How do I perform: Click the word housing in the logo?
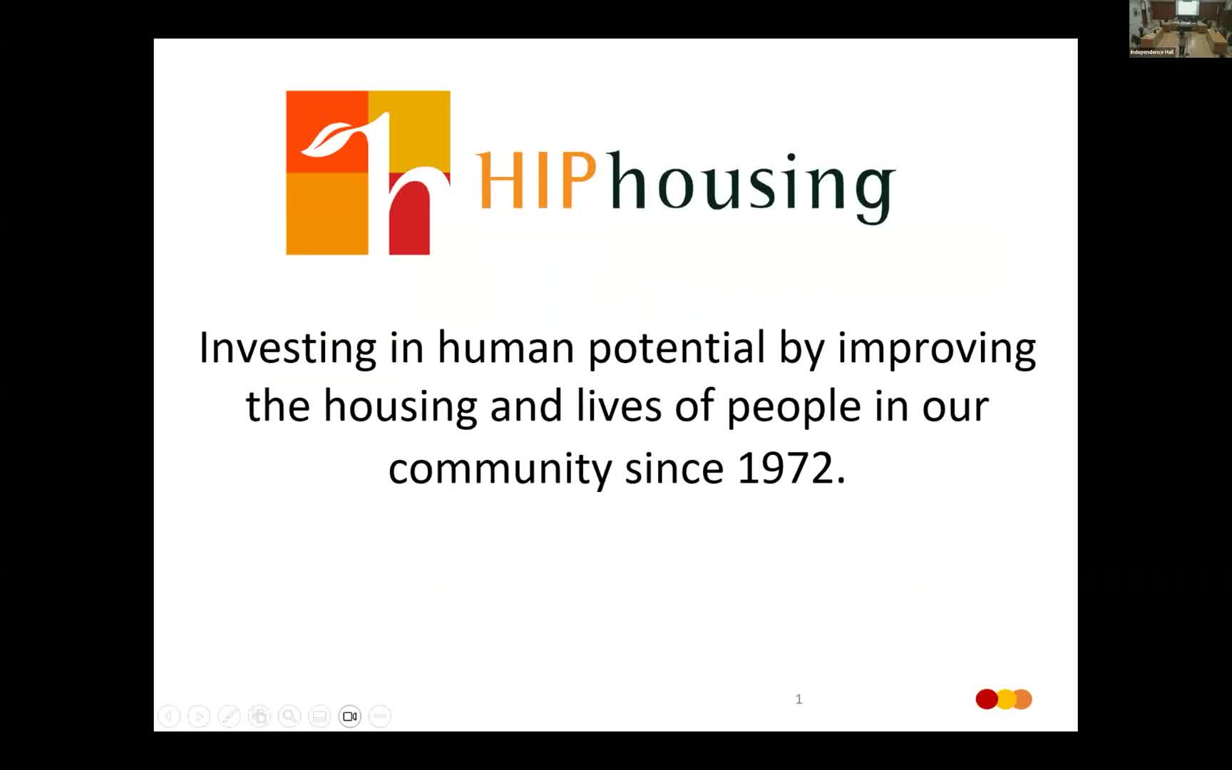coord(752,185)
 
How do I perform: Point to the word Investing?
coord(287,349)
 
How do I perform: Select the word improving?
coord(936,349)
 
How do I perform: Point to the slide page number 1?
coord(799,699)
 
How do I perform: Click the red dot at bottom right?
coord(986,699)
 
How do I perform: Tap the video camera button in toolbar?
coord(350,716)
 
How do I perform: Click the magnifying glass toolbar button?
coord(289,716)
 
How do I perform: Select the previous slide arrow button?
coord(169,716)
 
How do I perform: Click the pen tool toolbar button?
coord(229,716)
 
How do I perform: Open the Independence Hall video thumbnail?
coord(1180,29)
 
